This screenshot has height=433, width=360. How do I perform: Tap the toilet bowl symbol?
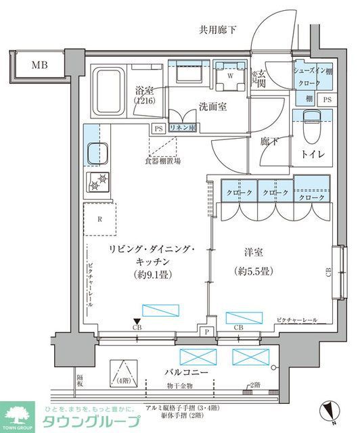(311, 127)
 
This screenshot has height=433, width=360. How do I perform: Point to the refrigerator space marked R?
(100, 219)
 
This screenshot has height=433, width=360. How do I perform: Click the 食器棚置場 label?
(162, 162)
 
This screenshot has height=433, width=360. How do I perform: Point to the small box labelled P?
(207, 331)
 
